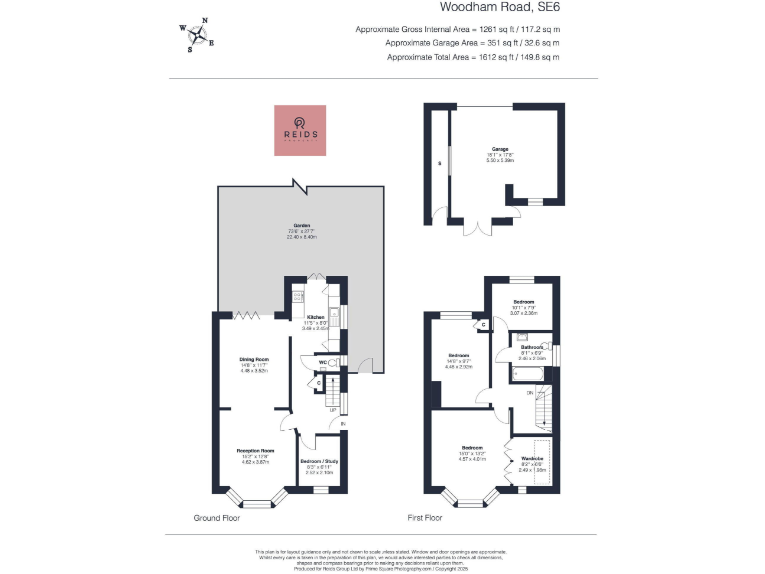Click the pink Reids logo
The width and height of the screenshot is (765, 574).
tap(302, 130)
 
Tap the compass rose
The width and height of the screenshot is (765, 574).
tap(199, 36)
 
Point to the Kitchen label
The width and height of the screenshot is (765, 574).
tap(315, 318)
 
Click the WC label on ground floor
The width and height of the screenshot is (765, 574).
tap(323, 362)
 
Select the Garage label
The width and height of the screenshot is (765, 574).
tap(499, 150)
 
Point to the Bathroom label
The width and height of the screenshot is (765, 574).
tap(530, 347)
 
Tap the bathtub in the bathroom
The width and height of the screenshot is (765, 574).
tap(528, 375)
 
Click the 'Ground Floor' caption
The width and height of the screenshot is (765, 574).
tap(220, 519)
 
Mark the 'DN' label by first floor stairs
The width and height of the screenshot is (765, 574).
tap(530, 393)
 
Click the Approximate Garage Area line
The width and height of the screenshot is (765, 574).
tap(457, 43)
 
